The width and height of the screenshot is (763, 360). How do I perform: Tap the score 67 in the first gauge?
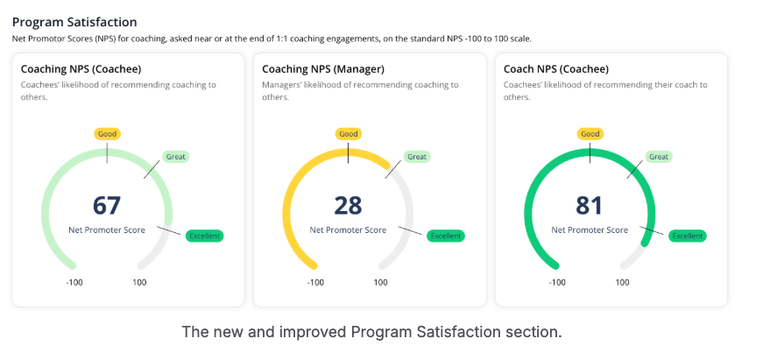pos(107,206)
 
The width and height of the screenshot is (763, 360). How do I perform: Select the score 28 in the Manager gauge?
pos(348,206)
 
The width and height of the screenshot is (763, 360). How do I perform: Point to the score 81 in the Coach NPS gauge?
pos(590,206)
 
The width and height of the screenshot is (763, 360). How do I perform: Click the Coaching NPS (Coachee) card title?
pos(81,68)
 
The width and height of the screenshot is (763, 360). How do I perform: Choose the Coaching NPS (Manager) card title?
pos(323,68)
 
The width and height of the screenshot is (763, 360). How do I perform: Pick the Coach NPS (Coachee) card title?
pos(556,68)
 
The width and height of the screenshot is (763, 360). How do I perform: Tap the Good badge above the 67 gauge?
pos(107,134)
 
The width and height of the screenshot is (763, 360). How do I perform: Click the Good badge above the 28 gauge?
pos(349,134)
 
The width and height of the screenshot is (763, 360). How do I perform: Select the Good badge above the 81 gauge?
pos(590,134)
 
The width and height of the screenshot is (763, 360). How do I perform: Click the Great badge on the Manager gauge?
pos(417,157)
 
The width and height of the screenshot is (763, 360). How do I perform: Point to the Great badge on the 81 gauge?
pos(659,157)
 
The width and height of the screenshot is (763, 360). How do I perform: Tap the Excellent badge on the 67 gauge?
pos(205,236)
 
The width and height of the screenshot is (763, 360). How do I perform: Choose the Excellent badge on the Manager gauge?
pos(446,236)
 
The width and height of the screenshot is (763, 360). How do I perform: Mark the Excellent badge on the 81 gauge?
pos(688,236)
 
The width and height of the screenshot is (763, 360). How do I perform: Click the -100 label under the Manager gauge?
pos(316,282)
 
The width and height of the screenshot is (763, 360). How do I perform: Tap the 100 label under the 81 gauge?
pos(622,282)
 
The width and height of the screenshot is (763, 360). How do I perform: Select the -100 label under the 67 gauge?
pos(74,282)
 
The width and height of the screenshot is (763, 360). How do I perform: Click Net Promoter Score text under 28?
pos(348,230)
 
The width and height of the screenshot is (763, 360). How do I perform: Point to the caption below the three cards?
pos(371,333)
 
